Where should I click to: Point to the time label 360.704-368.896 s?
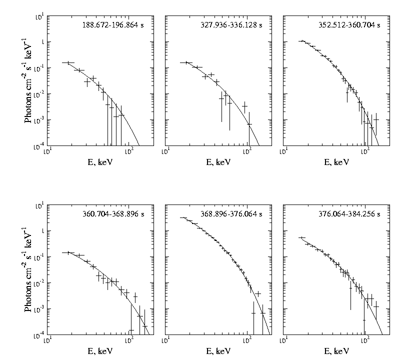point(114,214)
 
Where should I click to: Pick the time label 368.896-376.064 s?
point(233,214)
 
